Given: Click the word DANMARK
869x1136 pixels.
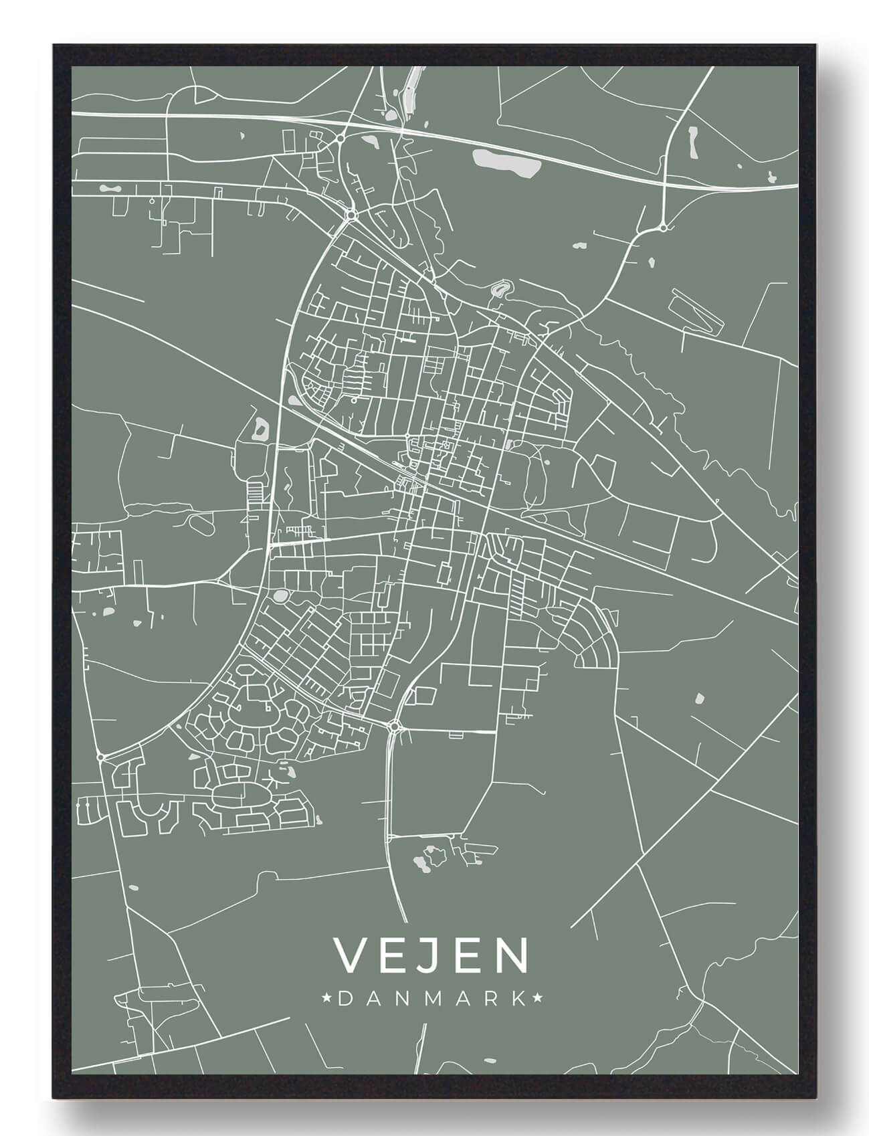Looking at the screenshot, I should coord(431,999).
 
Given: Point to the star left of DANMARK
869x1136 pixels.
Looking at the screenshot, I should coord(327,999).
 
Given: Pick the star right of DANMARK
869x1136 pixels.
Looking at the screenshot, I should coord(537,999).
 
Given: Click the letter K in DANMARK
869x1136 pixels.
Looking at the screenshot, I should coord(517,999).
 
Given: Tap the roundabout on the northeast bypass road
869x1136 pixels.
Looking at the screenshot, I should coord(662,228).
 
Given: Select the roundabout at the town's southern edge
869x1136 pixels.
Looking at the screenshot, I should coord(394,725).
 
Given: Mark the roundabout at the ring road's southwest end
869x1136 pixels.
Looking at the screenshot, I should coord(100,757).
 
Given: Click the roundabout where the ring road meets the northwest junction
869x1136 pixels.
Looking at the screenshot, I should coord(351,214).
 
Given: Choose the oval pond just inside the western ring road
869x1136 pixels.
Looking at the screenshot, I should coord(280,595).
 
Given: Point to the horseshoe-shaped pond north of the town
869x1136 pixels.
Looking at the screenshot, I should coord(499,290).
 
